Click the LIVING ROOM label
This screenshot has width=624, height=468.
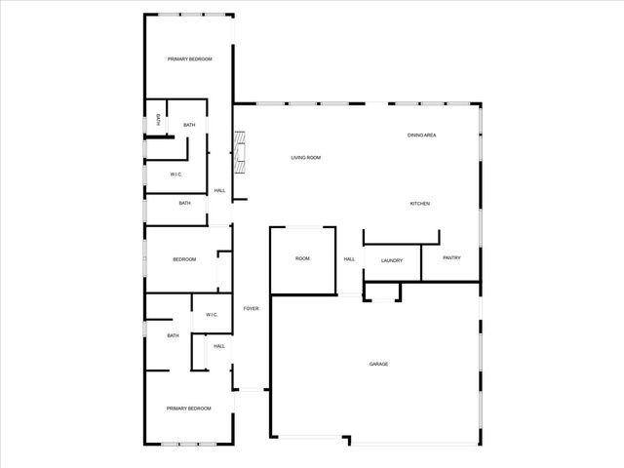point(306,157)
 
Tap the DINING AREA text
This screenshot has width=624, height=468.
point(421,135)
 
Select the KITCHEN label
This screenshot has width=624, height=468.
point(419,203)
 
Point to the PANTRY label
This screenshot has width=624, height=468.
point(451,257)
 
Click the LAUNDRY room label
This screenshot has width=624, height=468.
point(392,260)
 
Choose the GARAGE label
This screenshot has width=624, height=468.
point(378,364)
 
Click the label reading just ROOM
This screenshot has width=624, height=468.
point(302,258)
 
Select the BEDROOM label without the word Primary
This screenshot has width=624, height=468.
point(184,259)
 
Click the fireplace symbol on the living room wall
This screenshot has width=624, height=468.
point(239,152)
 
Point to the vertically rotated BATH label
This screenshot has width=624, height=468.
point(158,120)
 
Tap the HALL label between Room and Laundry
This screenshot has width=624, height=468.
point(349,258)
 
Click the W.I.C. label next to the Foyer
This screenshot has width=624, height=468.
point(212,314)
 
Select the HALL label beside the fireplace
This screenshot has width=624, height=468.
point(219,190)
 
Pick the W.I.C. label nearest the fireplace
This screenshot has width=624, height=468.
point(175,175)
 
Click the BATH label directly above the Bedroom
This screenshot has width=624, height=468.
point(184,203)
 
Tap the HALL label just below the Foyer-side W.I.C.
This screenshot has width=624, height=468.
point(219,345)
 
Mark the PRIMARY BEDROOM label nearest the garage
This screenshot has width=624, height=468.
point(188,409)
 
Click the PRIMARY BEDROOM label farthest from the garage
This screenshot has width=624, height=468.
point(189,59)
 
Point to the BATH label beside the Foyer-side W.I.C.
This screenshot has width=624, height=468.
point(173,335)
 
